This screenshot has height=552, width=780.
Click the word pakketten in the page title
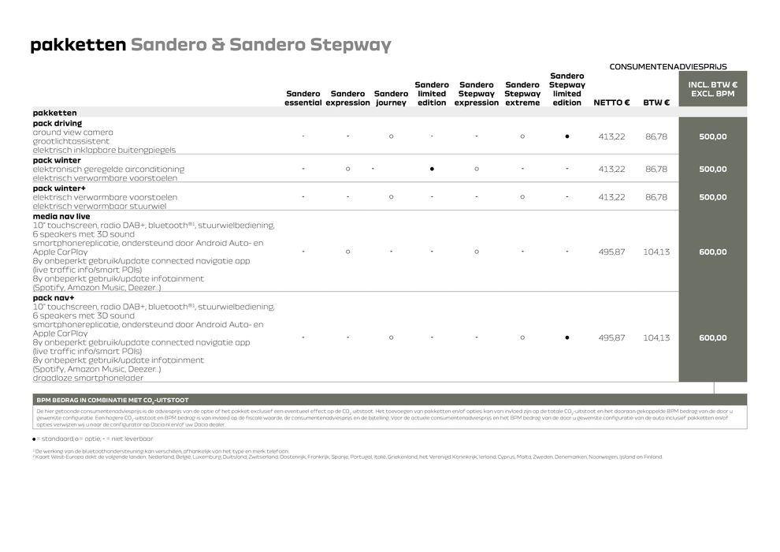pyautogui.click(x=77, y=45)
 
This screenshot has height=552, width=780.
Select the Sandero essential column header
pyautogui.click(x=303, y=98)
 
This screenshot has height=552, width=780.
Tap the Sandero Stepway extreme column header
pyautogui.click(x=522, y=94)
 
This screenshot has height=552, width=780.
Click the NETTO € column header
pyautogui.click(x=611, y=103)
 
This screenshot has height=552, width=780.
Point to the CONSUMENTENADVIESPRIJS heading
pyautogui.click(x=668, y=67)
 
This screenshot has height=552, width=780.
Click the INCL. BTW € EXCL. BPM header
pyautogui.click(x=712, y=89)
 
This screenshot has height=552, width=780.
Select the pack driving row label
pyautogui.click(x=58, y=123)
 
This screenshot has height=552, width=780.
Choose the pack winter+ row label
pyautogui.click(x=60, y=188)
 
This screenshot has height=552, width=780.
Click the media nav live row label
pyautogui.click(x=61, y=215)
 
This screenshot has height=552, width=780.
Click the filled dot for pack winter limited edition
pyautogui.click(x=432, y=169)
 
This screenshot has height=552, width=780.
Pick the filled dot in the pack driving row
pyautogui.click(x=567, y=136)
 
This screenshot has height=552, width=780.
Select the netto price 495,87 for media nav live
pyautogui.click(x=611, y=252)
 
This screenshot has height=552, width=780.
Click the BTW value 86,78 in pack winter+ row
pyautogui.click(x=656, y=197)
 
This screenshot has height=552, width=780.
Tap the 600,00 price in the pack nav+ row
pyautogui.click(x=712, y=338)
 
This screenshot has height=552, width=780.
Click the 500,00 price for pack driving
pyautogui.click(x=712, y=136)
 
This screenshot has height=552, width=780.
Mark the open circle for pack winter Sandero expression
pyautogui.click(x=347, y=169)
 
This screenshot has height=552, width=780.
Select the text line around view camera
pyautogui.click(x=73, y=132)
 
